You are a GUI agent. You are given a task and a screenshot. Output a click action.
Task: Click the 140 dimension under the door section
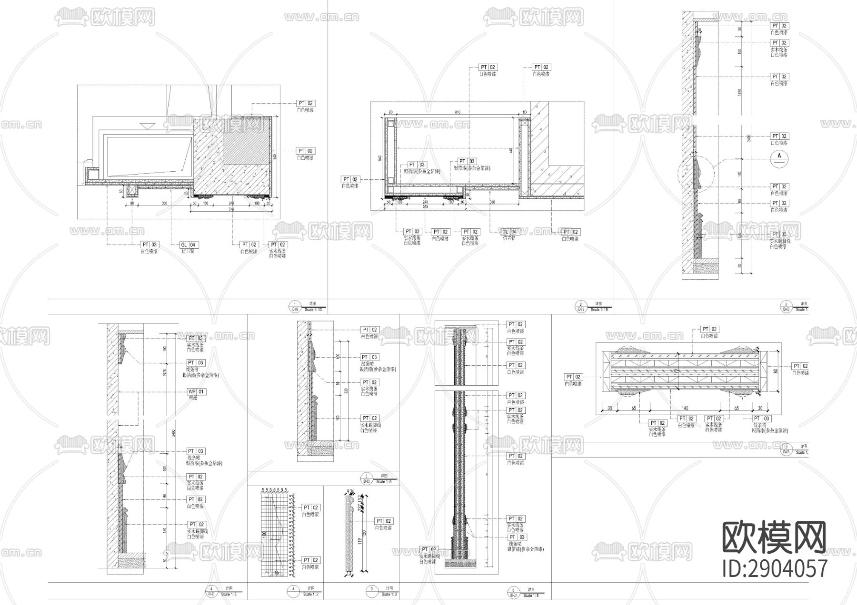685,408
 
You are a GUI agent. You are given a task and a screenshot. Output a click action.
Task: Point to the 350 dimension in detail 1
164,204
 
